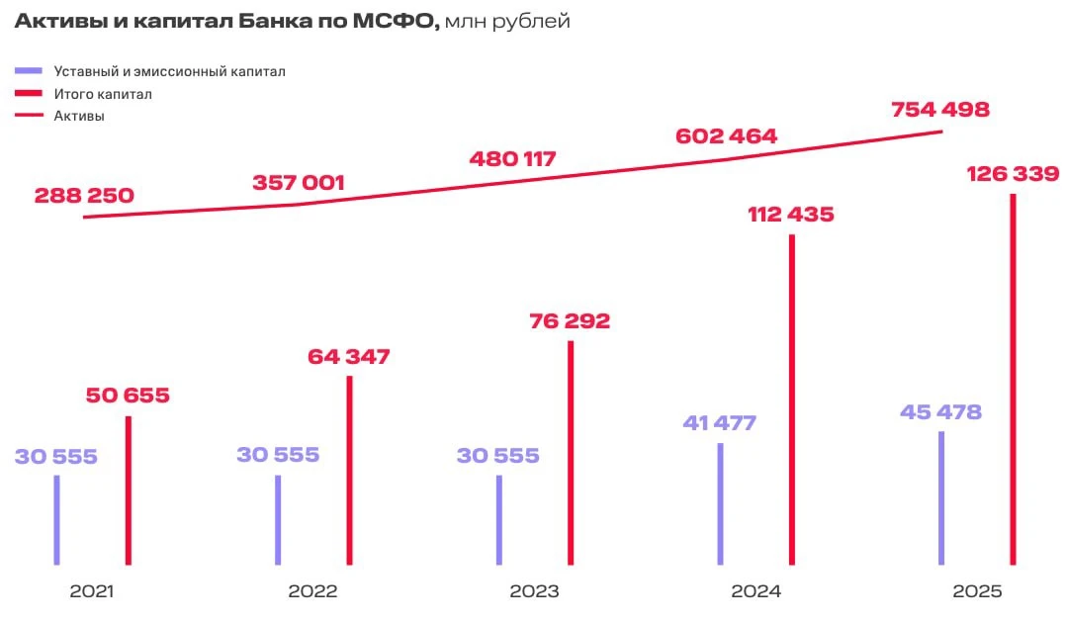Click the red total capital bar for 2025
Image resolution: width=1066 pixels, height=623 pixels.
pos(1013,380)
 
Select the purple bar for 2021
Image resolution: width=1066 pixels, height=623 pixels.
pos(57,519)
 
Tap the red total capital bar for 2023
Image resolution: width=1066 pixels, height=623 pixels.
pos(571,453)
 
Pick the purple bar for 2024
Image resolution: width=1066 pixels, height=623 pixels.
pos(721,504)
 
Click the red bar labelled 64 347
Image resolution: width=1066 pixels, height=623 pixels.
pos(349,471)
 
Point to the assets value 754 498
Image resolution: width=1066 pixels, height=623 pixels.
pos(940,110)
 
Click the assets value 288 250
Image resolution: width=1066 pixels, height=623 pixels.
pos(84,196)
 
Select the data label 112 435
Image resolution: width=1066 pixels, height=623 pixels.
pos(791,215)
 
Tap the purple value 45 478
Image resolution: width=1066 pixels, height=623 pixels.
pos(941,412)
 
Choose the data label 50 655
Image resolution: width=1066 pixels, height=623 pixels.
pos(128,396)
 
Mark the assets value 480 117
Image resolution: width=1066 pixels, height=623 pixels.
pos(512,159)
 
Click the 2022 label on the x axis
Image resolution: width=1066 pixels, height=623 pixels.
pos(312,591)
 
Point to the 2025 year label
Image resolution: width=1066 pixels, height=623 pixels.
pos(977,591)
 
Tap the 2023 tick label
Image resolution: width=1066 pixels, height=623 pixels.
pos(534,591)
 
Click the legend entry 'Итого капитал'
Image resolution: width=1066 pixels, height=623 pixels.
pos(103,94)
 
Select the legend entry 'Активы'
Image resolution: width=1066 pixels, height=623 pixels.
pos(79,116)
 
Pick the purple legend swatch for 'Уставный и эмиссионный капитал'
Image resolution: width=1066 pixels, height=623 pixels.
pos(29,71)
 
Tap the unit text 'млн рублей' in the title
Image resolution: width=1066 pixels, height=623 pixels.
pos(507,22)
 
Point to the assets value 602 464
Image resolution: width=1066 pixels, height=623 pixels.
pos(726,136)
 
